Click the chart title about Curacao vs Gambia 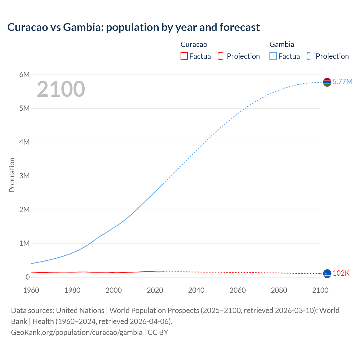point(133,27)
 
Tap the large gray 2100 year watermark point(61,89)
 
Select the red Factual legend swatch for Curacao point(184,56)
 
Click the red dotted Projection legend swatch point(222,56)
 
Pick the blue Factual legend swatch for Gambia point(273,56)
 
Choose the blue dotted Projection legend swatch point(311,56)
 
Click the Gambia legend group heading point(282,44)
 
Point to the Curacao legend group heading point(194,44)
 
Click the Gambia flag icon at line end point(327,82)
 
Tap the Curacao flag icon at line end point(327,273)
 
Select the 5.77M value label point(342,82)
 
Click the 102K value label point(341,273)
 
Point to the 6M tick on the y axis point(24,75)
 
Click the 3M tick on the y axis point(24,176)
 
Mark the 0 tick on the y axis point(28,277)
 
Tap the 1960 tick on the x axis point(31,290)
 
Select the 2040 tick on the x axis point(196,290)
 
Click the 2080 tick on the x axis point(279,290)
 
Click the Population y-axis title point(12,175)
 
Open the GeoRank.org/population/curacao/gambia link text point(77,332)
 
